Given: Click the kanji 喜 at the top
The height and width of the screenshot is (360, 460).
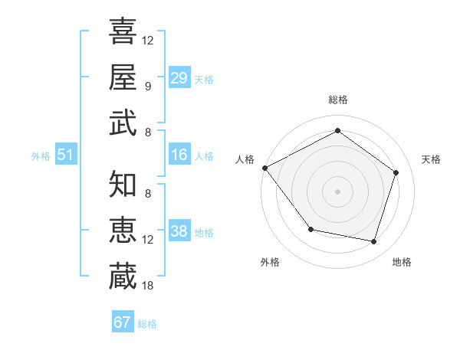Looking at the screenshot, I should (x=123, y=32).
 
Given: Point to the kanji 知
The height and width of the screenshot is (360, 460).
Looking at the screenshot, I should (x=123, y=184).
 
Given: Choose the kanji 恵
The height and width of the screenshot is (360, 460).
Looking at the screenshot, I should (x=123, y=230).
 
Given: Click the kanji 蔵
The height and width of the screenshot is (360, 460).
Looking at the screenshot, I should (x=123, y=276).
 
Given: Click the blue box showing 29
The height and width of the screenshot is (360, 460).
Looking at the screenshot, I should (x=179, y=78).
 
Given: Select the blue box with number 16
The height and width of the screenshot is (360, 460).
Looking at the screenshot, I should (x=179, y=155).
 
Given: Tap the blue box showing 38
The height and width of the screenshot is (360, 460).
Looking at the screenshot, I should (x=179, y=231).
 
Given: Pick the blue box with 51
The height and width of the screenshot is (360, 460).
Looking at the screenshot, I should (x=65, y=155).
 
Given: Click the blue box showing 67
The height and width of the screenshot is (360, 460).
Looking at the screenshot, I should (x=123, y=322).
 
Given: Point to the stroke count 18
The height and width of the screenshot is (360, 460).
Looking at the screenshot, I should (x=148, y=286).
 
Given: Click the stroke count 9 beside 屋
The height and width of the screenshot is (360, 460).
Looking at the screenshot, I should (x=148, y=87).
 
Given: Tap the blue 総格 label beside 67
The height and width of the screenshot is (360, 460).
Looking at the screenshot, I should (x=147, y=324).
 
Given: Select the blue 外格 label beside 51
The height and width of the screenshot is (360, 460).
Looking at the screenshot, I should (x=41, y=156).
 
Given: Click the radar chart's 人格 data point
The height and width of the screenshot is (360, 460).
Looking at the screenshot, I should (x=265, y=168).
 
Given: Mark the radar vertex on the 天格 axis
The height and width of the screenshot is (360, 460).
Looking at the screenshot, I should (x=396, y=172).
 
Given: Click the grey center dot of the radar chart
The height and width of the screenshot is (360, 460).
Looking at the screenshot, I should (x=337, y=191).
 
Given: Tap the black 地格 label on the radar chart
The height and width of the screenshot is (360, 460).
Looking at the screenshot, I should (x=402, y=262).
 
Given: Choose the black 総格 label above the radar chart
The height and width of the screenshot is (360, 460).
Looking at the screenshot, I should (x=337, y=100).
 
